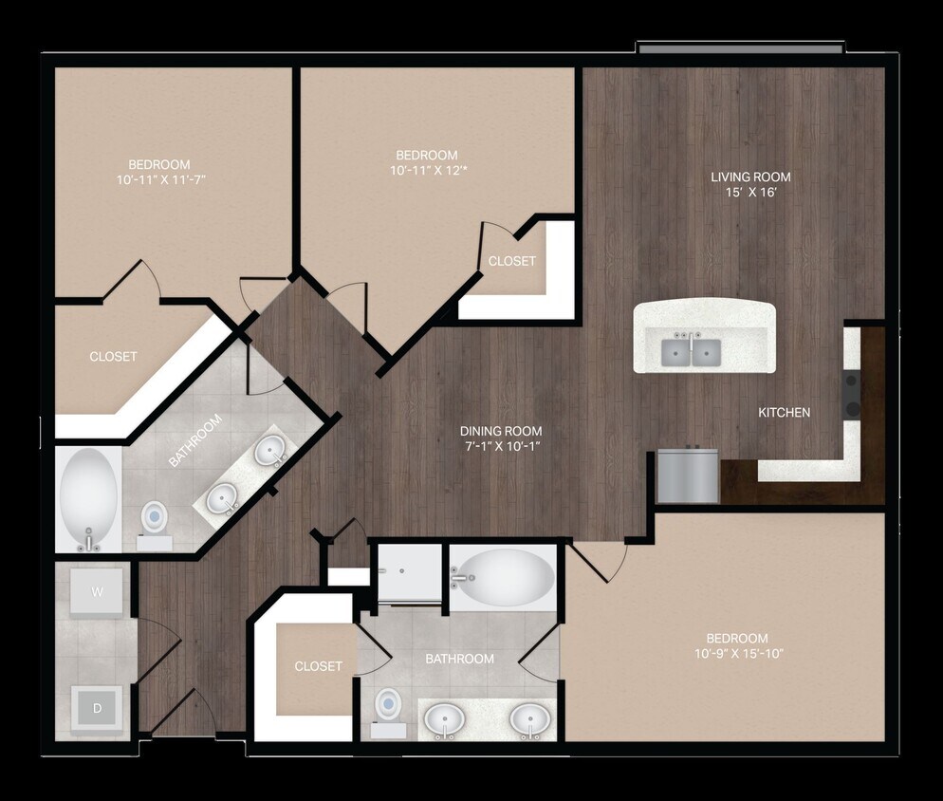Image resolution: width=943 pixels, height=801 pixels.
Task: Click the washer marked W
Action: [98, 592]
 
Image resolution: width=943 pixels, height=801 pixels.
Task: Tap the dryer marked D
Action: [97, 707]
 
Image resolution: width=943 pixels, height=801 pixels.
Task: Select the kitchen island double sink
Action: [691, 353]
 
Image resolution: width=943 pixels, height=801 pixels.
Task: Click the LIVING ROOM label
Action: [751, 177]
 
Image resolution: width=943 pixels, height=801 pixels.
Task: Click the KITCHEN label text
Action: [785, 412]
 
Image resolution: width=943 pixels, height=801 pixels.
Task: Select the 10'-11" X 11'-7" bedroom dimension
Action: [160, 178]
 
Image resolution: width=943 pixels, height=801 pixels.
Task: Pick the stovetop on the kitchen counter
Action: [851, 395]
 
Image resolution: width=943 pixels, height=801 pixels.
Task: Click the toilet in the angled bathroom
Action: [154, 519]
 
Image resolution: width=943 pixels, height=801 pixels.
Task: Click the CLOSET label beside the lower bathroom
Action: [318, 666]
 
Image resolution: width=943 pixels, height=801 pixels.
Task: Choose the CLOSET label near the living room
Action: [511, 261]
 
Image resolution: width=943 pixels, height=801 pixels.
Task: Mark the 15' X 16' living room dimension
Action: [751, 193]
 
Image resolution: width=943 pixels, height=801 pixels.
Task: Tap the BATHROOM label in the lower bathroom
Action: [459, 659]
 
